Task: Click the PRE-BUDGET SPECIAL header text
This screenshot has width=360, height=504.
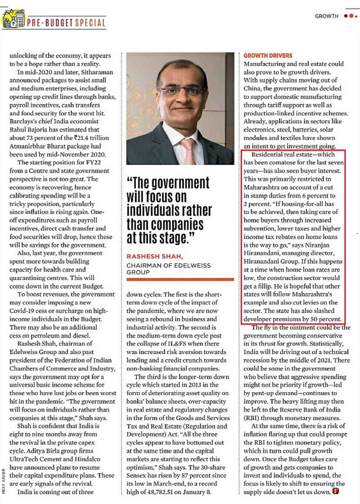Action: click(66, 23)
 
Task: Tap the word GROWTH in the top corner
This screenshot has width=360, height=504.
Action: click(327, 16)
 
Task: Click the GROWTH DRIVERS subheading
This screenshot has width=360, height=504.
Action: click(268, 56)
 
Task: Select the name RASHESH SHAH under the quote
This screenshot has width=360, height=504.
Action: click(154, 256)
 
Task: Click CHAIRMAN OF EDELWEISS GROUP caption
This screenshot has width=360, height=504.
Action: click(168, 269)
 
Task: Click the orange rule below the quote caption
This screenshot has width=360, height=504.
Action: click(180, 279)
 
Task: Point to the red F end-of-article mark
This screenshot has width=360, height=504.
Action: click(336, 491)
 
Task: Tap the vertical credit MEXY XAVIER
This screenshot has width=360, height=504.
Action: click(4, 481)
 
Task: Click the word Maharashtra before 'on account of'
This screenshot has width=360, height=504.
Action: click(261, 187)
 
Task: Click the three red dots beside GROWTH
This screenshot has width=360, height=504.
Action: click(350, 16)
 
